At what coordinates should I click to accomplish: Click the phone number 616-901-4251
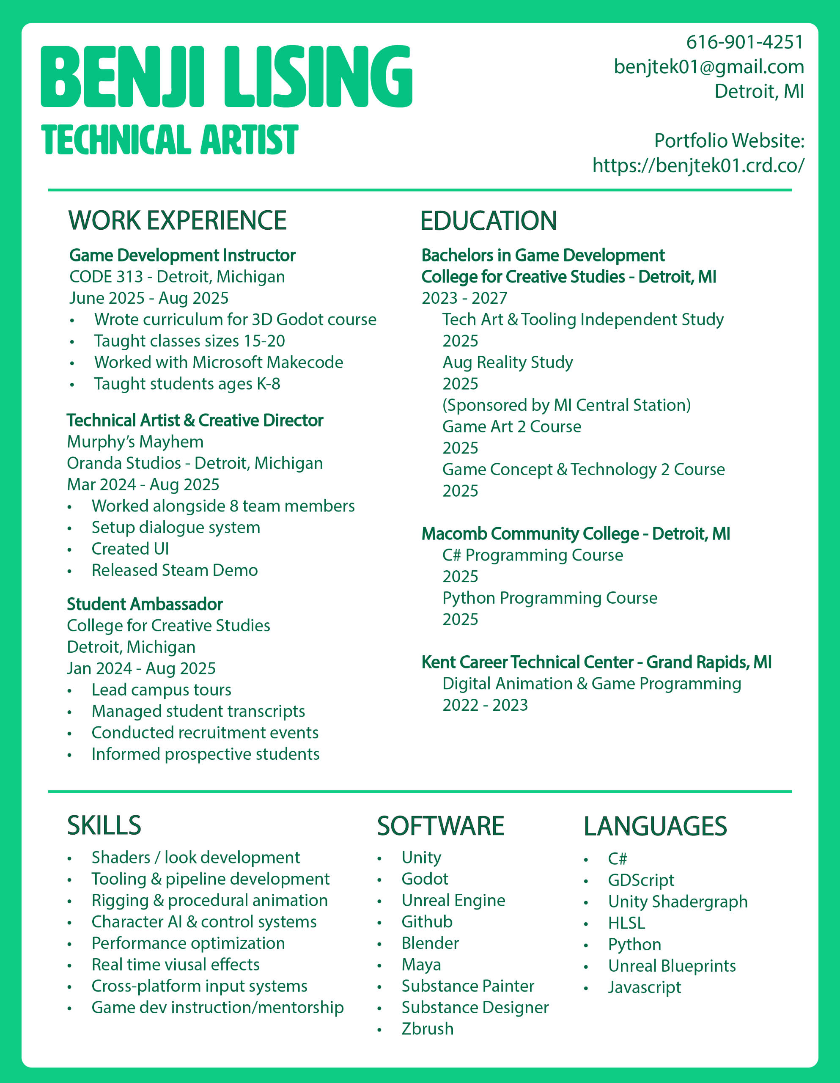[744, 43]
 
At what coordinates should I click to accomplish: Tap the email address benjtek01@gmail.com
[708, 67]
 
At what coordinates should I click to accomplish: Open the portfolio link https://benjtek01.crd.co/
[698, 165]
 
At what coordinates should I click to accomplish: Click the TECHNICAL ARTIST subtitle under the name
[170, 140]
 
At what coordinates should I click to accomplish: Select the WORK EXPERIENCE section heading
[178, 221]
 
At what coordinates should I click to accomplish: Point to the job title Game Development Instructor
[182, 256]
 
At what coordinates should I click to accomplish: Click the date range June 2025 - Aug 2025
[149, 298]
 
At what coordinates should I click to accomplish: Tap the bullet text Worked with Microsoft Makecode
[219, 363]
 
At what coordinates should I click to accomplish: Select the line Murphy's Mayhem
[135, 442]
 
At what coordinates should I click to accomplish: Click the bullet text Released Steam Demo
[175, 570]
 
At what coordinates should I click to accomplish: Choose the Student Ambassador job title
[145, 604]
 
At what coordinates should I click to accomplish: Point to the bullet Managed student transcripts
[198, 711]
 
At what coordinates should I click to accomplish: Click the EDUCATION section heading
[489, 221]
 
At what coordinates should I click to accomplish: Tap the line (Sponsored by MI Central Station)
[566, 405]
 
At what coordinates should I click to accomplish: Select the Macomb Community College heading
[576, 533]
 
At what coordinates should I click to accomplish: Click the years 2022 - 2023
[485, 705]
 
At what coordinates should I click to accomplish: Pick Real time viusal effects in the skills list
[176, 965]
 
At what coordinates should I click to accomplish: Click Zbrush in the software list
[428, 1029]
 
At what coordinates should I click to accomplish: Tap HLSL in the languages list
[626, 923]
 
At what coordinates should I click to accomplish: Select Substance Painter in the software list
[468, 986]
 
